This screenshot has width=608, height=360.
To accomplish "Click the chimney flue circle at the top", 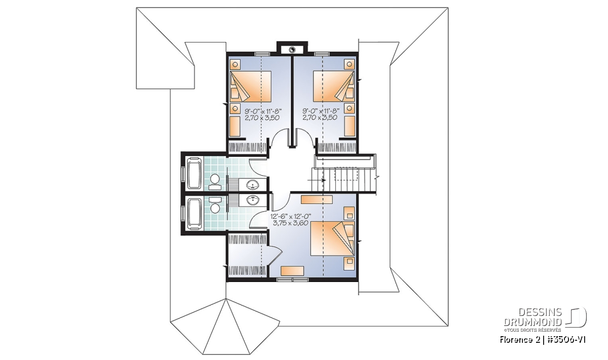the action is pos(292,50).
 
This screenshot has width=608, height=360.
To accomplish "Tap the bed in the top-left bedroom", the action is pos(251,87).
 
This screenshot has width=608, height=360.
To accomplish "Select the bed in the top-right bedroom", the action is pos(334,87).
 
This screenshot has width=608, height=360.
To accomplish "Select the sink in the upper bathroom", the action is pos(253,185).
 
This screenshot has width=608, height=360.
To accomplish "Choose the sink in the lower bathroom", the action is pos(253,201).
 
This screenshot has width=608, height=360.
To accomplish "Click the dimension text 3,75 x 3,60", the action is pos(290,223).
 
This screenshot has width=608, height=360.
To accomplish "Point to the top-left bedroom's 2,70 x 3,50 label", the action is pos(262,117).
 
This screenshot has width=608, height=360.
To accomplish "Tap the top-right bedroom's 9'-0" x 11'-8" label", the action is pos(321,111).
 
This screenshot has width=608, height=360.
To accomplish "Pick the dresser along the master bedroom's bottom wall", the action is pos(292,271).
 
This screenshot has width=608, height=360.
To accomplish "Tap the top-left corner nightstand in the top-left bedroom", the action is pos(235,65).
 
